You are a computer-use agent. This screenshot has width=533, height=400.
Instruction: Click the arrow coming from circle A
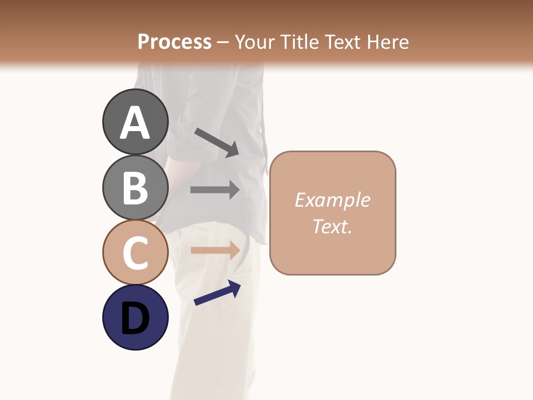tap(217, 142)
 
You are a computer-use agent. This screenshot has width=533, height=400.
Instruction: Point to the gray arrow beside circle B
tap(215, 190)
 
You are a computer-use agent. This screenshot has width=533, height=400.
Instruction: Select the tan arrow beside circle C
tap(215, 251)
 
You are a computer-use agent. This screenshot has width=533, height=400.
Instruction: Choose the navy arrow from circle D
tap(217, 293)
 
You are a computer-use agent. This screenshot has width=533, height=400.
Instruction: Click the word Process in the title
tap(174, 42)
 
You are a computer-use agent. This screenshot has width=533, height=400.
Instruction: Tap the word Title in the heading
tap(298, 42)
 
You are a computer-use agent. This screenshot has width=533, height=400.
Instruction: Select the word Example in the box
tap(332, 200)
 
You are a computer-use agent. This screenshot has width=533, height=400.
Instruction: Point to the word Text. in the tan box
tap(332, 226)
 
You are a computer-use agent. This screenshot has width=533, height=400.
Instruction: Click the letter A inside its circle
tap(135, 123)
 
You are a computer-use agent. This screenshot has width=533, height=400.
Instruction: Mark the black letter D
tap(135, 319)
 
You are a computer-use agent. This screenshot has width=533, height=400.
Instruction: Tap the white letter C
tap(135, 253)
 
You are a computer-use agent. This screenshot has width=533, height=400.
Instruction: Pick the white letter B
tap(135, 188)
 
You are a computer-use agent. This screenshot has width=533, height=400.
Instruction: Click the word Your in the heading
tap(255, 42)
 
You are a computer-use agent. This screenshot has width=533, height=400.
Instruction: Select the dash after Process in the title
tap(223, 42)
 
